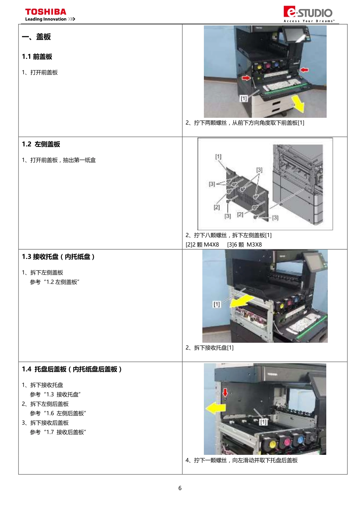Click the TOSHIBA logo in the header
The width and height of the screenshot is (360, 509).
pos(45,12)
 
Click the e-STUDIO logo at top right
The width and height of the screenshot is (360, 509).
pos(308,12)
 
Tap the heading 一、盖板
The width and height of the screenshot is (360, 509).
pos(36,37)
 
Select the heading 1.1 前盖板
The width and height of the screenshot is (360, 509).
pos(37,56)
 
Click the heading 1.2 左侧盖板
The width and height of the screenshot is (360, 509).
pos(41,144)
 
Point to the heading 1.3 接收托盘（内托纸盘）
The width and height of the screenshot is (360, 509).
pos(58,256)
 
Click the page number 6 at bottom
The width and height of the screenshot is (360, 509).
pos(180,488)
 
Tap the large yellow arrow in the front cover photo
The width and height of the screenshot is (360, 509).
pos(298,104)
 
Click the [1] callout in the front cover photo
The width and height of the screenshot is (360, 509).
pos(244,98)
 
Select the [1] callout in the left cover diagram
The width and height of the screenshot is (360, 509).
pos(218,156)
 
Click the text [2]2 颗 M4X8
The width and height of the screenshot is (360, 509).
pos(202,244)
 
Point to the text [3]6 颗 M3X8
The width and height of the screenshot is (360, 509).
pos(244,244)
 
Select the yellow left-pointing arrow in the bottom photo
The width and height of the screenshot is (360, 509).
pos(216,408)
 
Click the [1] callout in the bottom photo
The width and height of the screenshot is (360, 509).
pos(263,422)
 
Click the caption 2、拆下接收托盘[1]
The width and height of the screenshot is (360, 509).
pos(210,347)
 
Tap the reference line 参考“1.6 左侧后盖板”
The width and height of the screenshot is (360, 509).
pos(58,413)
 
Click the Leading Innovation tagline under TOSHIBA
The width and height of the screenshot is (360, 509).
pos(46,19)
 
